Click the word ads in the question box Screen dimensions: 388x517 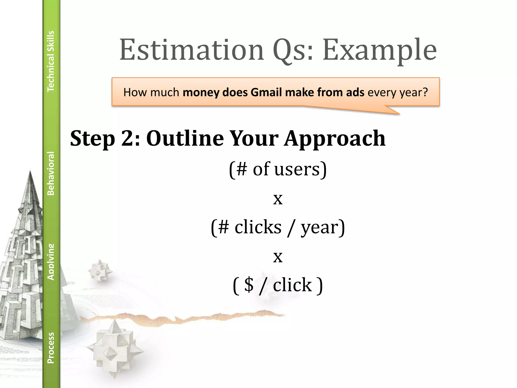point(355,92)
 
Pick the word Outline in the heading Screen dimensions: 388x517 point(185,138)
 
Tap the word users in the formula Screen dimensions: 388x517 point(297,169)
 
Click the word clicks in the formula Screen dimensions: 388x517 point(258,227)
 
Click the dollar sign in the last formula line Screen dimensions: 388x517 point(249,285)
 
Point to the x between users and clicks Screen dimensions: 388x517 point(278,199)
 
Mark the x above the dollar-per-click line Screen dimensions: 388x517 point(278,257)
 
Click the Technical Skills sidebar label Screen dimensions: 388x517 point(51,61)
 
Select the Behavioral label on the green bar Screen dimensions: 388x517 point(51,173)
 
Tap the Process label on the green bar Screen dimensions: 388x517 point(51,348)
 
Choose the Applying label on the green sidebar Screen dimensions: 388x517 point(51,262)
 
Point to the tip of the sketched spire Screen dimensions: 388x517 point(30,172)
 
